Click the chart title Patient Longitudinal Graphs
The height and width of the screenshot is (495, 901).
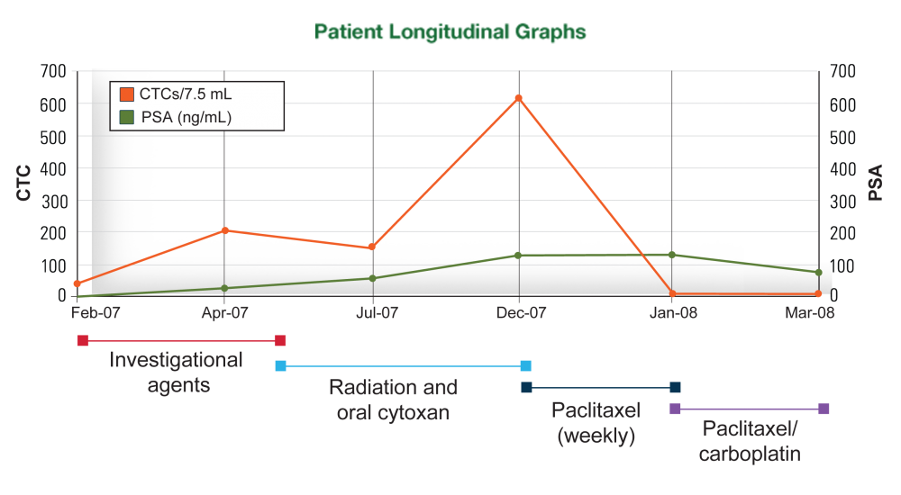pyautogui.click(x=450, y=32)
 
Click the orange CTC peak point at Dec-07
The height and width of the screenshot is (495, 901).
pyautogui.click(x=518, y=98)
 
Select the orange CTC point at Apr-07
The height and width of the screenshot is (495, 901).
pyautogui.click(x=224, y=231)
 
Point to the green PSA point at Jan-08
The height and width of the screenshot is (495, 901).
pyautogui.click(x=672, y=255)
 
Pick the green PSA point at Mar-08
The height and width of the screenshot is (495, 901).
pyautogui.click(x=818, y=272)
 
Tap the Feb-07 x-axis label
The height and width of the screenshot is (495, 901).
pyautogui.click(x=95, y=313)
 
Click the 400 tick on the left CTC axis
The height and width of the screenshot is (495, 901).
pyautogui.click(x=54, y=168)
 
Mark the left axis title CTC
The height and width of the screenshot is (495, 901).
pyautogui.click(x=24, y=183)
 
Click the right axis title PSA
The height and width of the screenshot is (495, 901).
pyautogui.click(x=875, y=183)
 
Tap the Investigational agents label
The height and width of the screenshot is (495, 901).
pyautogui.click(x=177, y=373)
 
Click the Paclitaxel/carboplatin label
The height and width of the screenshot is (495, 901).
pyautogui.click(x=750, y=440)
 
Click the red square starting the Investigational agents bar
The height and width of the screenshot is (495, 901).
pyautogui.click(x=83, y=340)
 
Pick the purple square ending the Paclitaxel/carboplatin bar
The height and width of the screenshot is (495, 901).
pyautogui.click(x=824, y=409)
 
